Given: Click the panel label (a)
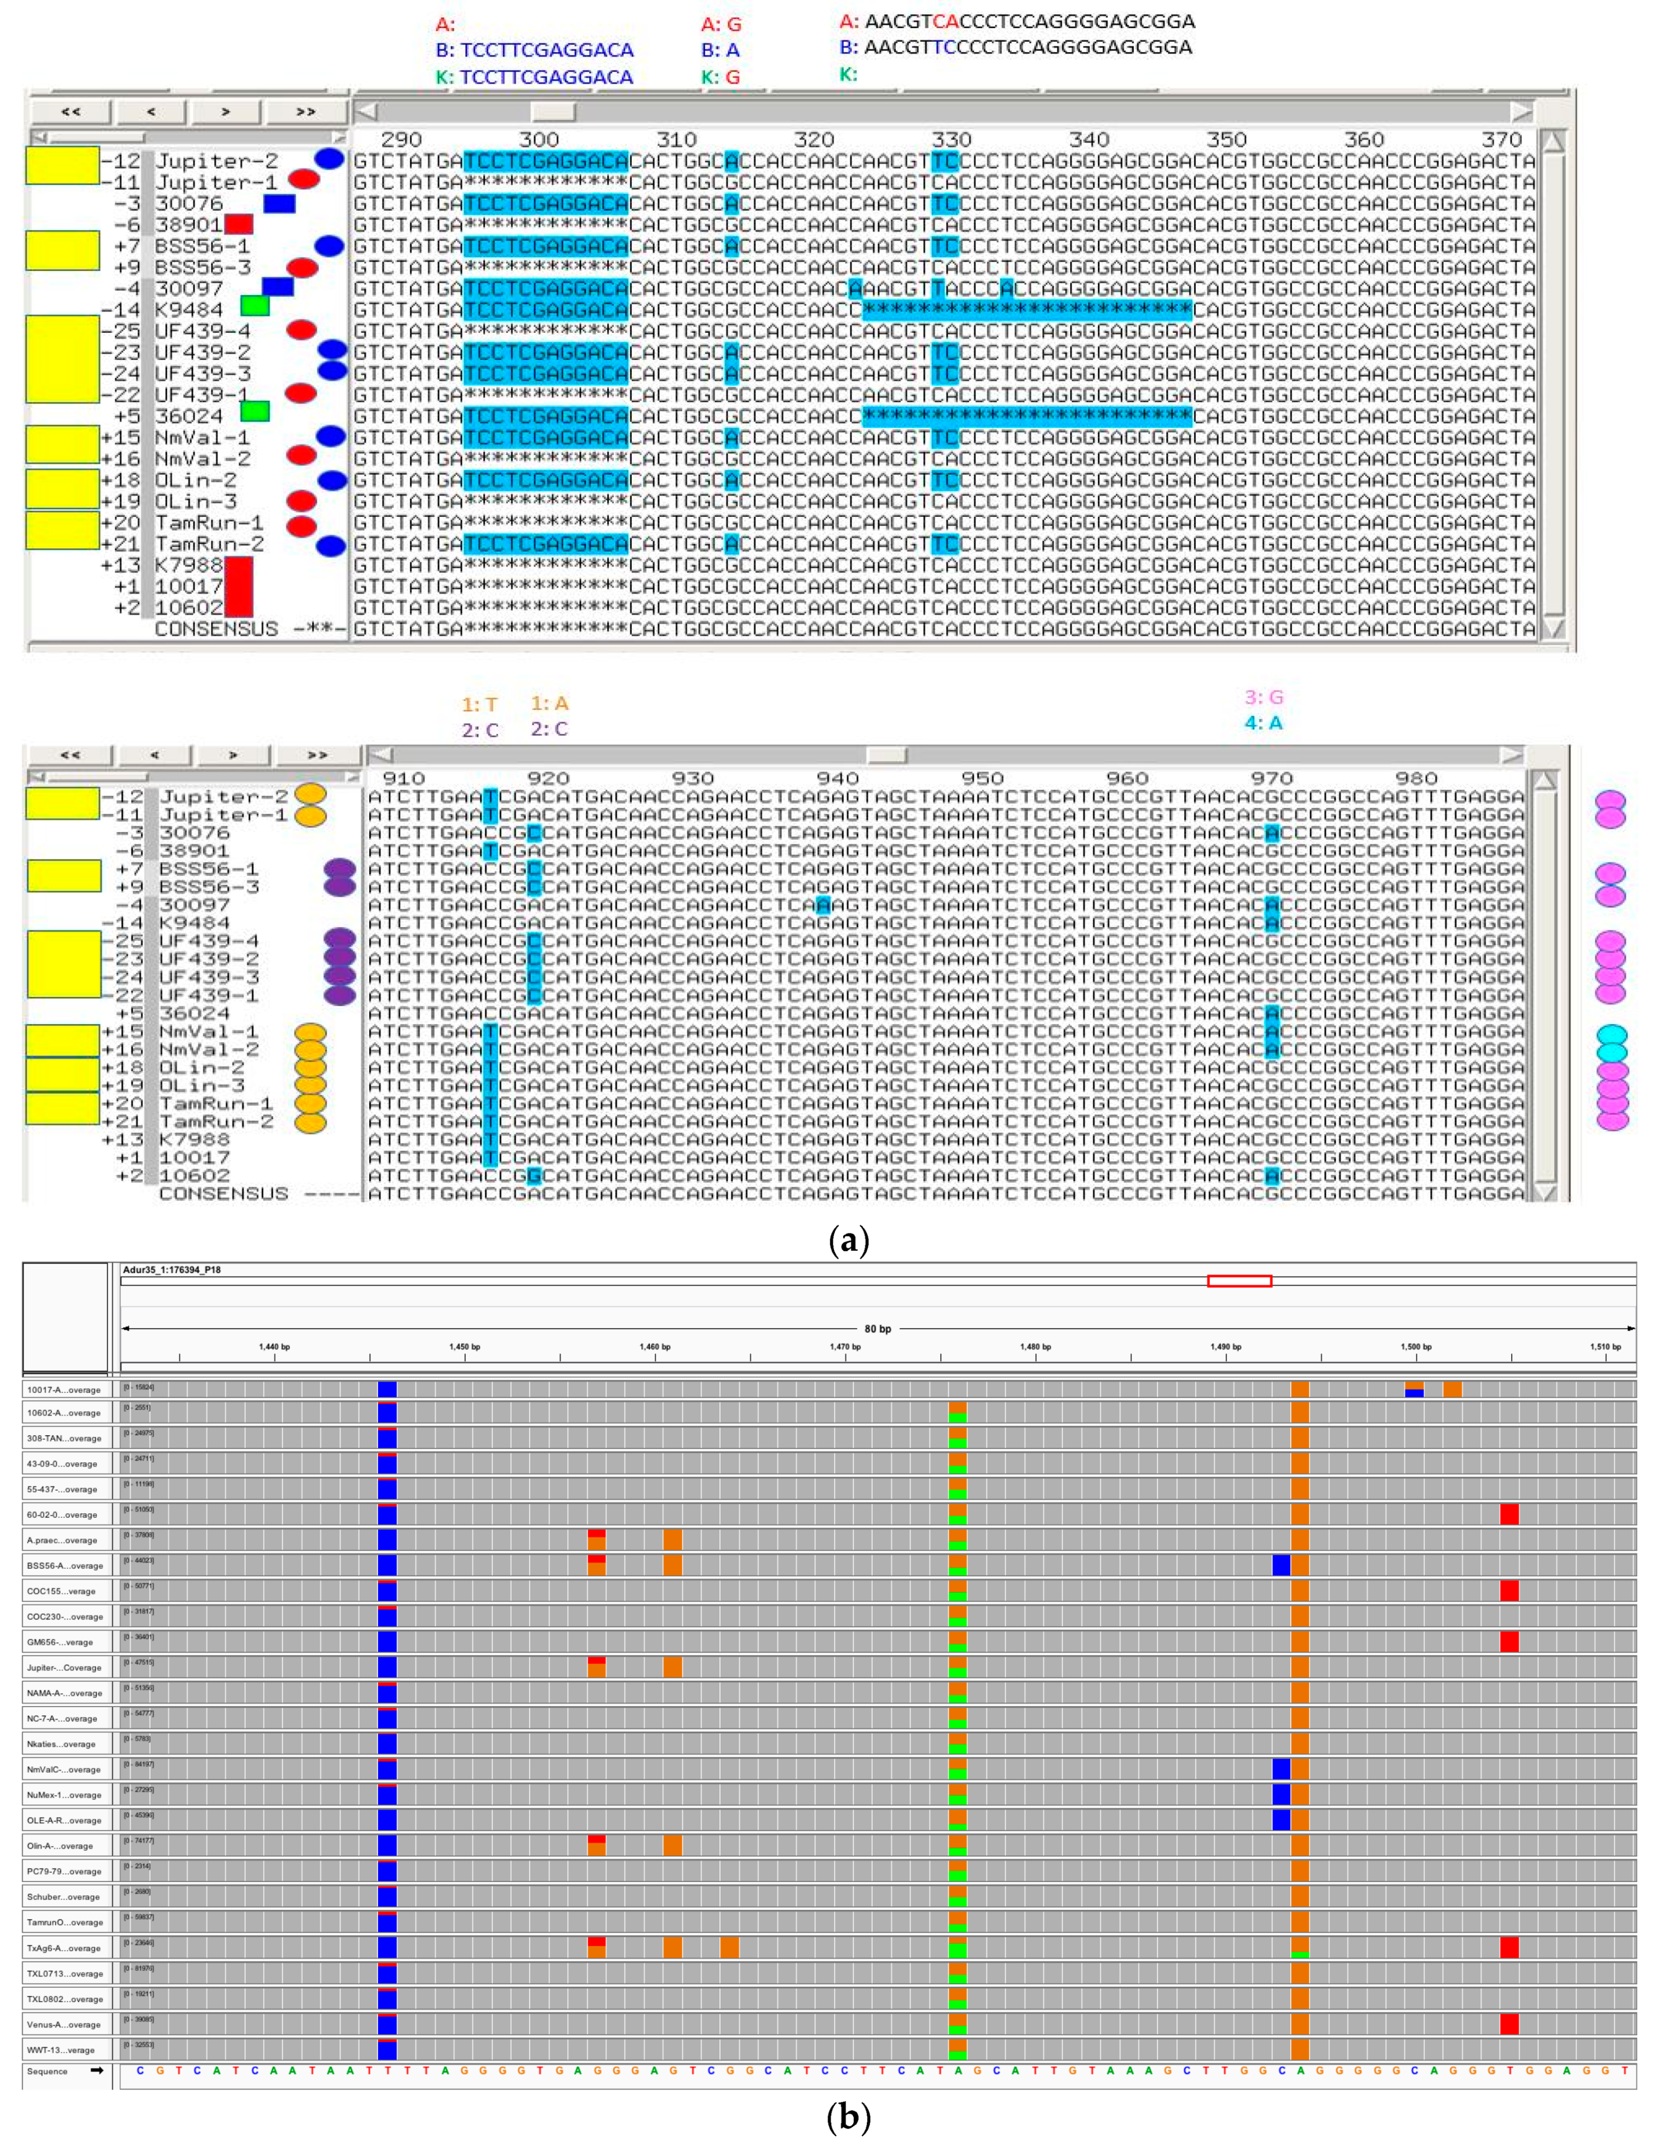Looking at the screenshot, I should pos(849,1241).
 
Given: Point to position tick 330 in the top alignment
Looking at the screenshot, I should pos(951,139).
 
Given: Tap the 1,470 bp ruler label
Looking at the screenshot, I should pos(845,1347).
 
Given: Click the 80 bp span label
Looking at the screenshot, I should pos(877,1329).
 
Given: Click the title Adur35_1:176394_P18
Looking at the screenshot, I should pos(172,1270).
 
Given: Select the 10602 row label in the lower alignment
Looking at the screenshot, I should pos(194,1176).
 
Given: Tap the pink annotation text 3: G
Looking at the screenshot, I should pos(1264,697).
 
